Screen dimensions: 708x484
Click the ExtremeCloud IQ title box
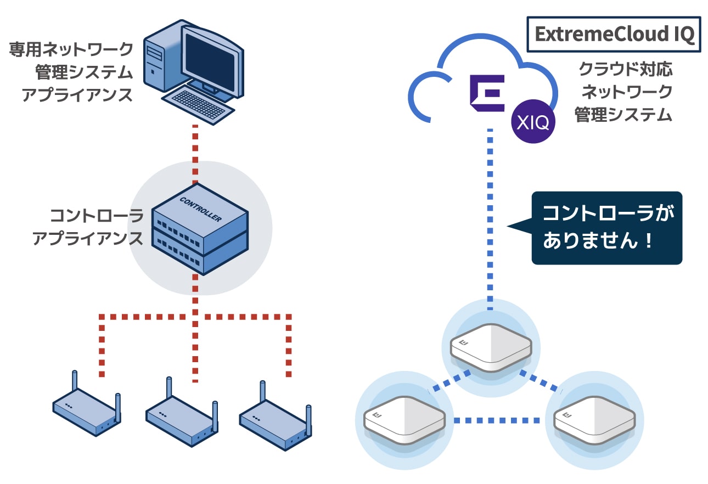pyautogui.click(x=614, y=34)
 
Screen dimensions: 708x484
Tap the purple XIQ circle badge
pyautogui.click(x=533, y=122)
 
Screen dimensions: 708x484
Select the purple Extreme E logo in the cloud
pyautogui.click(x=487, y=93)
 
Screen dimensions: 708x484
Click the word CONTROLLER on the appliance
pyautogui.click(x=201, y=209)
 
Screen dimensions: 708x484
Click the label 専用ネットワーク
pyautogui.click(x=71, y=49)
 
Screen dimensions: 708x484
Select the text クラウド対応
pyautogui.click(x=626, y=69)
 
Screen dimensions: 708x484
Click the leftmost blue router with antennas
pyautogui.click(x=87, y=404)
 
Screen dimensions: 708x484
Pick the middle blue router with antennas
pyautogui.click(x=182, y=412)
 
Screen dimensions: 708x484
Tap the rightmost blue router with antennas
pyautogui.click(x=276, y=417)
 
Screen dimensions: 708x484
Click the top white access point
pyautogui.click(x=491, y=348)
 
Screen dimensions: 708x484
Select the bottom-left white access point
pyautogui.click(x=404, y=420)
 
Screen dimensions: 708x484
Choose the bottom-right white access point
pyautogui.click(x=594, y=420)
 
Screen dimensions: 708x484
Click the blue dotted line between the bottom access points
pyautogui.click(x=497, y=420)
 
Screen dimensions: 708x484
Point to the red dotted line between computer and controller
pyautogui.click(x=195, y=154)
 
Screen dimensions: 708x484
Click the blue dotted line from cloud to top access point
pyautogui.click(x=490, y=220)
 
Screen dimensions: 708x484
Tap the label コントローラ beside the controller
pyautogui.click(x=97, y=216)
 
